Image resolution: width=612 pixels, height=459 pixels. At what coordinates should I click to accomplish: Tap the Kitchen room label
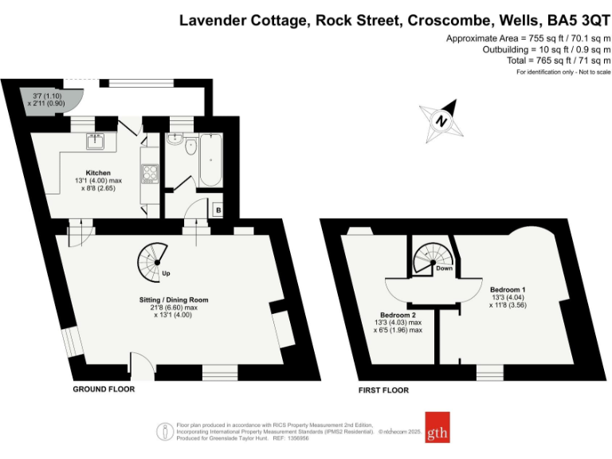click(x=98, y=173)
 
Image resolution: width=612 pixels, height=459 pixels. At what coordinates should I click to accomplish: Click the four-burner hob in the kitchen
click(x=148, y=172)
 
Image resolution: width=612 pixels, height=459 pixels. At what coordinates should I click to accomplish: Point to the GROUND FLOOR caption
click(x=104, y=390)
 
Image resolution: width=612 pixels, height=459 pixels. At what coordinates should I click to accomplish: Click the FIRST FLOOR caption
click(x=382, y=390)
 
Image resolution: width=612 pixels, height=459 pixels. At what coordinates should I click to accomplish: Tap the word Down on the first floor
click(x=444, y=269)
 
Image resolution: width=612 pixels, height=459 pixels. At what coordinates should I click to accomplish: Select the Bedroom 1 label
click(x=508, y=288)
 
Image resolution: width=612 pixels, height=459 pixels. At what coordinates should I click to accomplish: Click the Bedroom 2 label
click(x=398, y=314)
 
